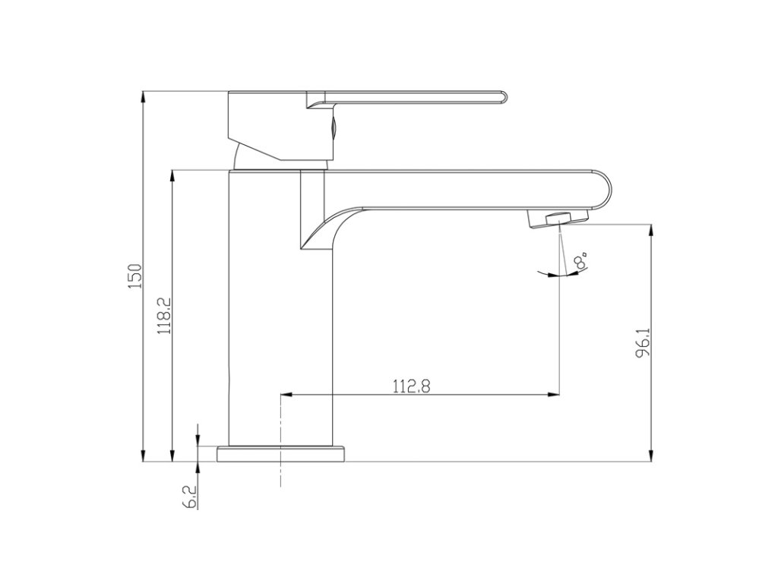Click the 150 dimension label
tap(135, 276)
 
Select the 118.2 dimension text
tap(165, 316)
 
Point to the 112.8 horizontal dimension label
tap(411, 386)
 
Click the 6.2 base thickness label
tap(190, 497)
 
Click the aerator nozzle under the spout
tap(557, 219)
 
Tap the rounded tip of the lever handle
tap(503, 99)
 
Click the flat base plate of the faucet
tap(280, 454)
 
